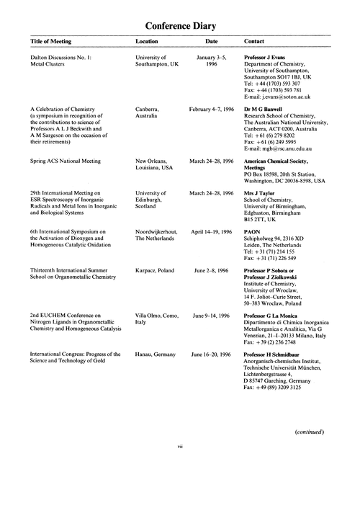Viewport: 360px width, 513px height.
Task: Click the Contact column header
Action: tap(257, 43)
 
